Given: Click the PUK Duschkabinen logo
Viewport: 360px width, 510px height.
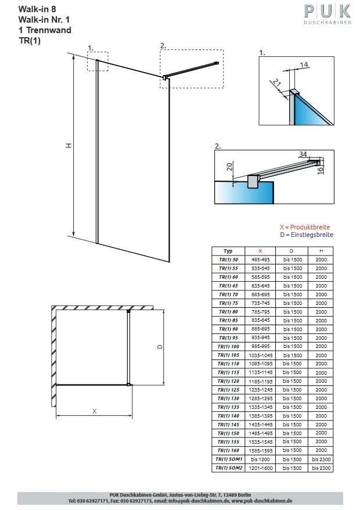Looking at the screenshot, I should tap(327, 15).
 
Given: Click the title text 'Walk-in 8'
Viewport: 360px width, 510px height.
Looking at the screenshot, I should tap(36, 10).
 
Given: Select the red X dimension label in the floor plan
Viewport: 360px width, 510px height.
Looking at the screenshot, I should tap(94, 411).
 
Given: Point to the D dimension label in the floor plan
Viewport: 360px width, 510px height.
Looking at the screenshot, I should tap(159, 346).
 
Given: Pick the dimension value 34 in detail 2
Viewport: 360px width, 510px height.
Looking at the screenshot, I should tap(303, 154).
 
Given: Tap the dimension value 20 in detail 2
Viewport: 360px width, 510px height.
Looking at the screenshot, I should tap(229, 167).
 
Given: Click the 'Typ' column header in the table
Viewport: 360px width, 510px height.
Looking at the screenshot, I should tap(228, 251).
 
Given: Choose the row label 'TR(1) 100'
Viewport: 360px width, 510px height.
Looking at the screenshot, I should tap(228, 346).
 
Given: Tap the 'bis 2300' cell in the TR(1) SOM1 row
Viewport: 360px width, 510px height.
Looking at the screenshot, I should tap(321, 459).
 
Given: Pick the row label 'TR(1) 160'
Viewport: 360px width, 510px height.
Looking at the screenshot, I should tap(228, 450).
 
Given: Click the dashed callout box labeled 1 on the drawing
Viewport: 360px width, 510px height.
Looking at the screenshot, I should tap(97, 61).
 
